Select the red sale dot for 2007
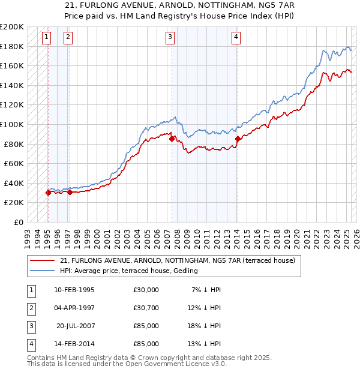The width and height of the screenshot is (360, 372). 172,139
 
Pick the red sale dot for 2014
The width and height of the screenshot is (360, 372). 238,139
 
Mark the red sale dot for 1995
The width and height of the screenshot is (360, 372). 48,193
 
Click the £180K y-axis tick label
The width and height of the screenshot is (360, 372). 12,46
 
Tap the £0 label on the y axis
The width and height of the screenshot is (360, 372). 18,222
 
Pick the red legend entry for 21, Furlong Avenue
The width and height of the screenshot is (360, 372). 178,261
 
